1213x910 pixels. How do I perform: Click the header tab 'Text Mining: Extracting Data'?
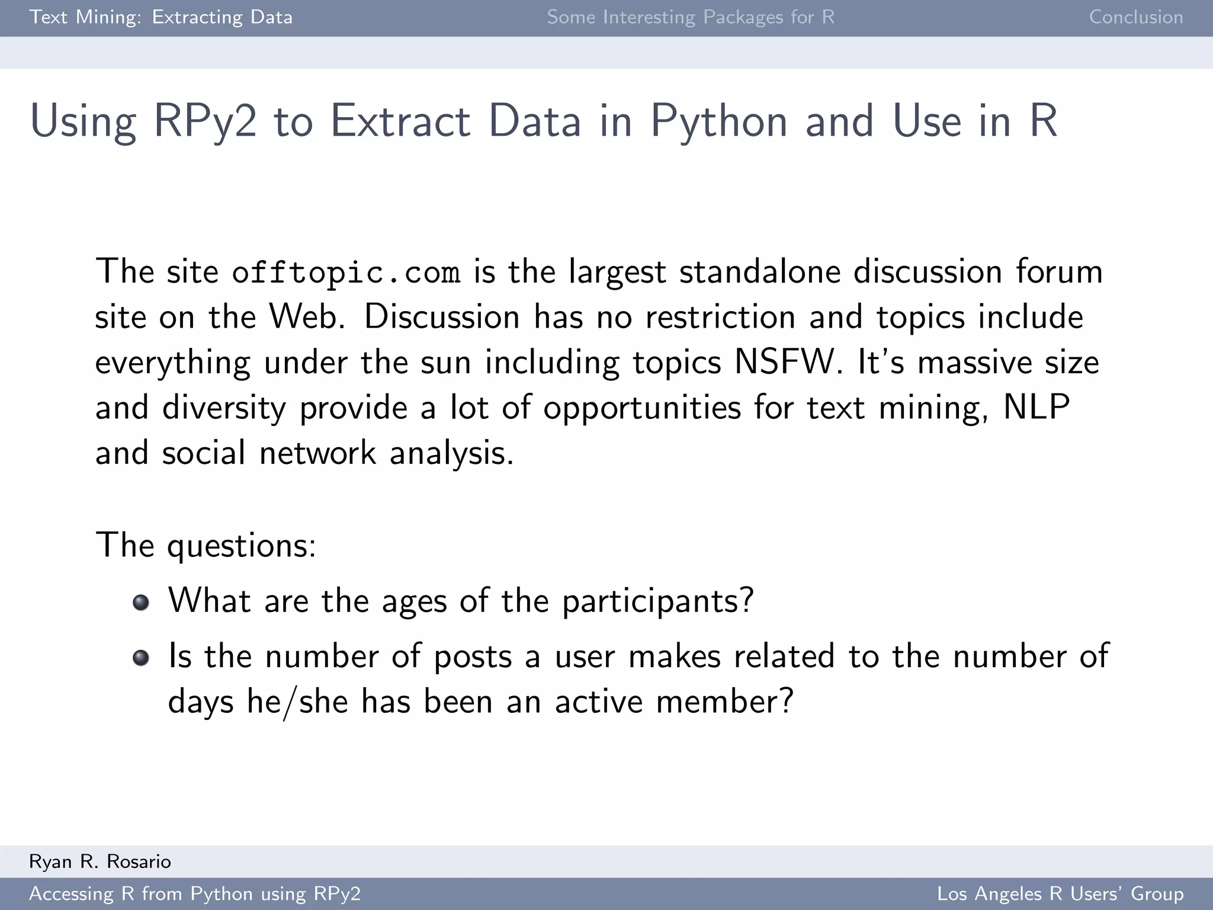[161, 17]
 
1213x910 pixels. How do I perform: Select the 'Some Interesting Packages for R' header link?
[691, 17]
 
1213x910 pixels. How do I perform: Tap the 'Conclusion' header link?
[1135, 17]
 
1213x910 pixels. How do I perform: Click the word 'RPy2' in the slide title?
[205, 121]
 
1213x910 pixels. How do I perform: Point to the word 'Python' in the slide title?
[720, 121]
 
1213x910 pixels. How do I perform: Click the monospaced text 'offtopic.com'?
[346, 273]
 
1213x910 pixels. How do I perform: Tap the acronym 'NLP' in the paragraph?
[1036, 408]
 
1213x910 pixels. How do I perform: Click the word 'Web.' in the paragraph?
[307, 317]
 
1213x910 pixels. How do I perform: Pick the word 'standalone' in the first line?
[759, 272]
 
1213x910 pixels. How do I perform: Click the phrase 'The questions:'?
[206, 545]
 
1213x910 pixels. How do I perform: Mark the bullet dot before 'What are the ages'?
[141, 603]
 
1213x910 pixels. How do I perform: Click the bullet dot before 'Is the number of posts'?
[141, 658]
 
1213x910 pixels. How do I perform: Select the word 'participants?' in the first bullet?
[657, 601]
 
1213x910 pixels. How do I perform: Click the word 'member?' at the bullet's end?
[724, 701]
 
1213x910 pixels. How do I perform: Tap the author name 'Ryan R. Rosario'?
[100, 861]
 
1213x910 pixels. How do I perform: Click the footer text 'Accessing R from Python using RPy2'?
[195, 893]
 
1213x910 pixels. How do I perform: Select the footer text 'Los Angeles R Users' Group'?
[1060, 893]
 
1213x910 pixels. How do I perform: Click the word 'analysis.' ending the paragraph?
[451, 453]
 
